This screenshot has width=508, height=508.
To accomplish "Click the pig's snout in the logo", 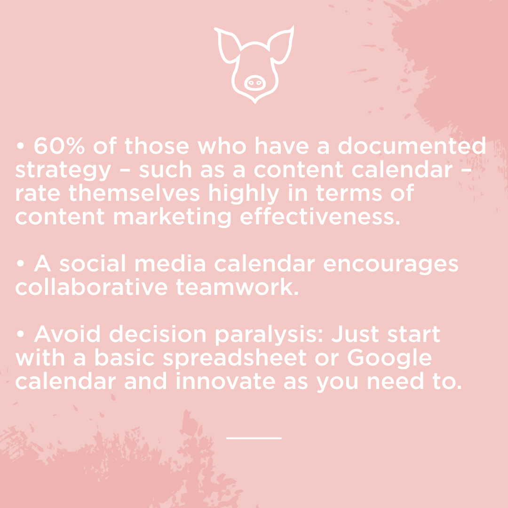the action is click(x=254, y=83).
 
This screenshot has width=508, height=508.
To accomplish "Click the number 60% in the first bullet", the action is click(x=59, y=146).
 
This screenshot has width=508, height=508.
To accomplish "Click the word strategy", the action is click(x=63, y=171).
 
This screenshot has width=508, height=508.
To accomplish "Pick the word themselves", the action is click(x=134, y=193).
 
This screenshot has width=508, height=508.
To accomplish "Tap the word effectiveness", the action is click(x=320, y=216).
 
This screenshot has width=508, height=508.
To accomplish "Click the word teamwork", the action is click(x=237, y=287).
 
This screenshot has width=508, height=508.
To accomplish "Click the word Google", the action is click(x=389, y=358).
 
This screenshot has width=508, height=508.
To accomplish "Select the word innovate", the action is click(x=225, y=381).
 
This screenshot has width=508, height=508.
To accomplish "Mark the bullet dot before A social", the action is click(x=20, y=263).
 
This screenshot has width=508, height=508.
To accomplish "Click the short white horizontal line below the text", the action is click(x=254, y=438).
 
